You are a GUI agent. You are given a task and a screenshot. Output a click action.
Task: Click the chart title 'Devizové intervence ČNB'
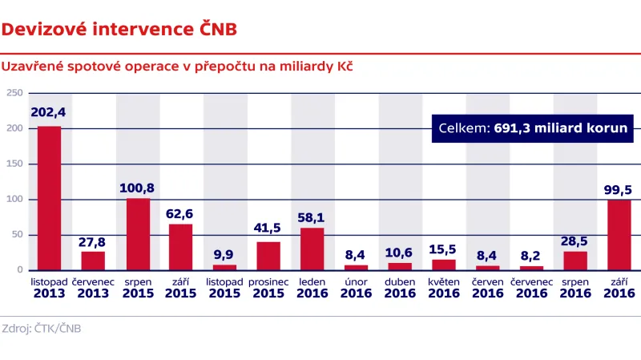click(119, 30)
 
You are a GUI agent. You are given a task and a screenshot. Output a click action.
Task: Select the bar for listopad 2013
click(50, 198)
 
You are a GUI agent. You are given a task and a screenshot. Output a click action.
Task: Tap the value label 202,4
click(50, 112)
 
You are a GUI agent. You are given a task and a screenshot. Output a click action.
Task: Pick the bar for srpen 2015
click(137, 234)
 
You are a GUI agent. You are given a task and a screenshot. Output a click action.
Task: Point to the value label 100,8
click(137, 188)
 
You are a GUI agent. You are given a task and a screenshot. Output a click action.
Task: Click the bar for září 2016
click(619, 235)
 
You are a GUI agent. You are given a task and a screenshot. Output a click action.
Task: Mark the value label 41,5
click(268, 229)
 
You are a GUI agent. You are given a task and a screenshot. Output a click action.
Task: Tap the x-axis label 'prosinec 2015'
click(268, 289)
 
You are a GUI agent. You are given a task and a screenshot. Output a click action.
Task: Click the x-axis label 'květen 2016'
click(443, 289)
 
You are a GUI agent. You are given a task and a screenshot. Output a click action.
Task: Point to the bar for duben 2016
click(400, 266)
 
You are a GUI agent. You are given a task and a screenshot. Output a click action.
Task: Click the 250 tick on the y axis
click(14, 93)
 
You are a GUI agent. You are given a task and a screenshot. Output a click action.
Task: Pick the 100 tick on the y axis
click(14, 200)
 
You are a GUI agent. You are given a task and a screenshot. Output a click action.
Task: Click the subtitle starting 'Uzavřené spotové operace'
click(178, 66)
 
